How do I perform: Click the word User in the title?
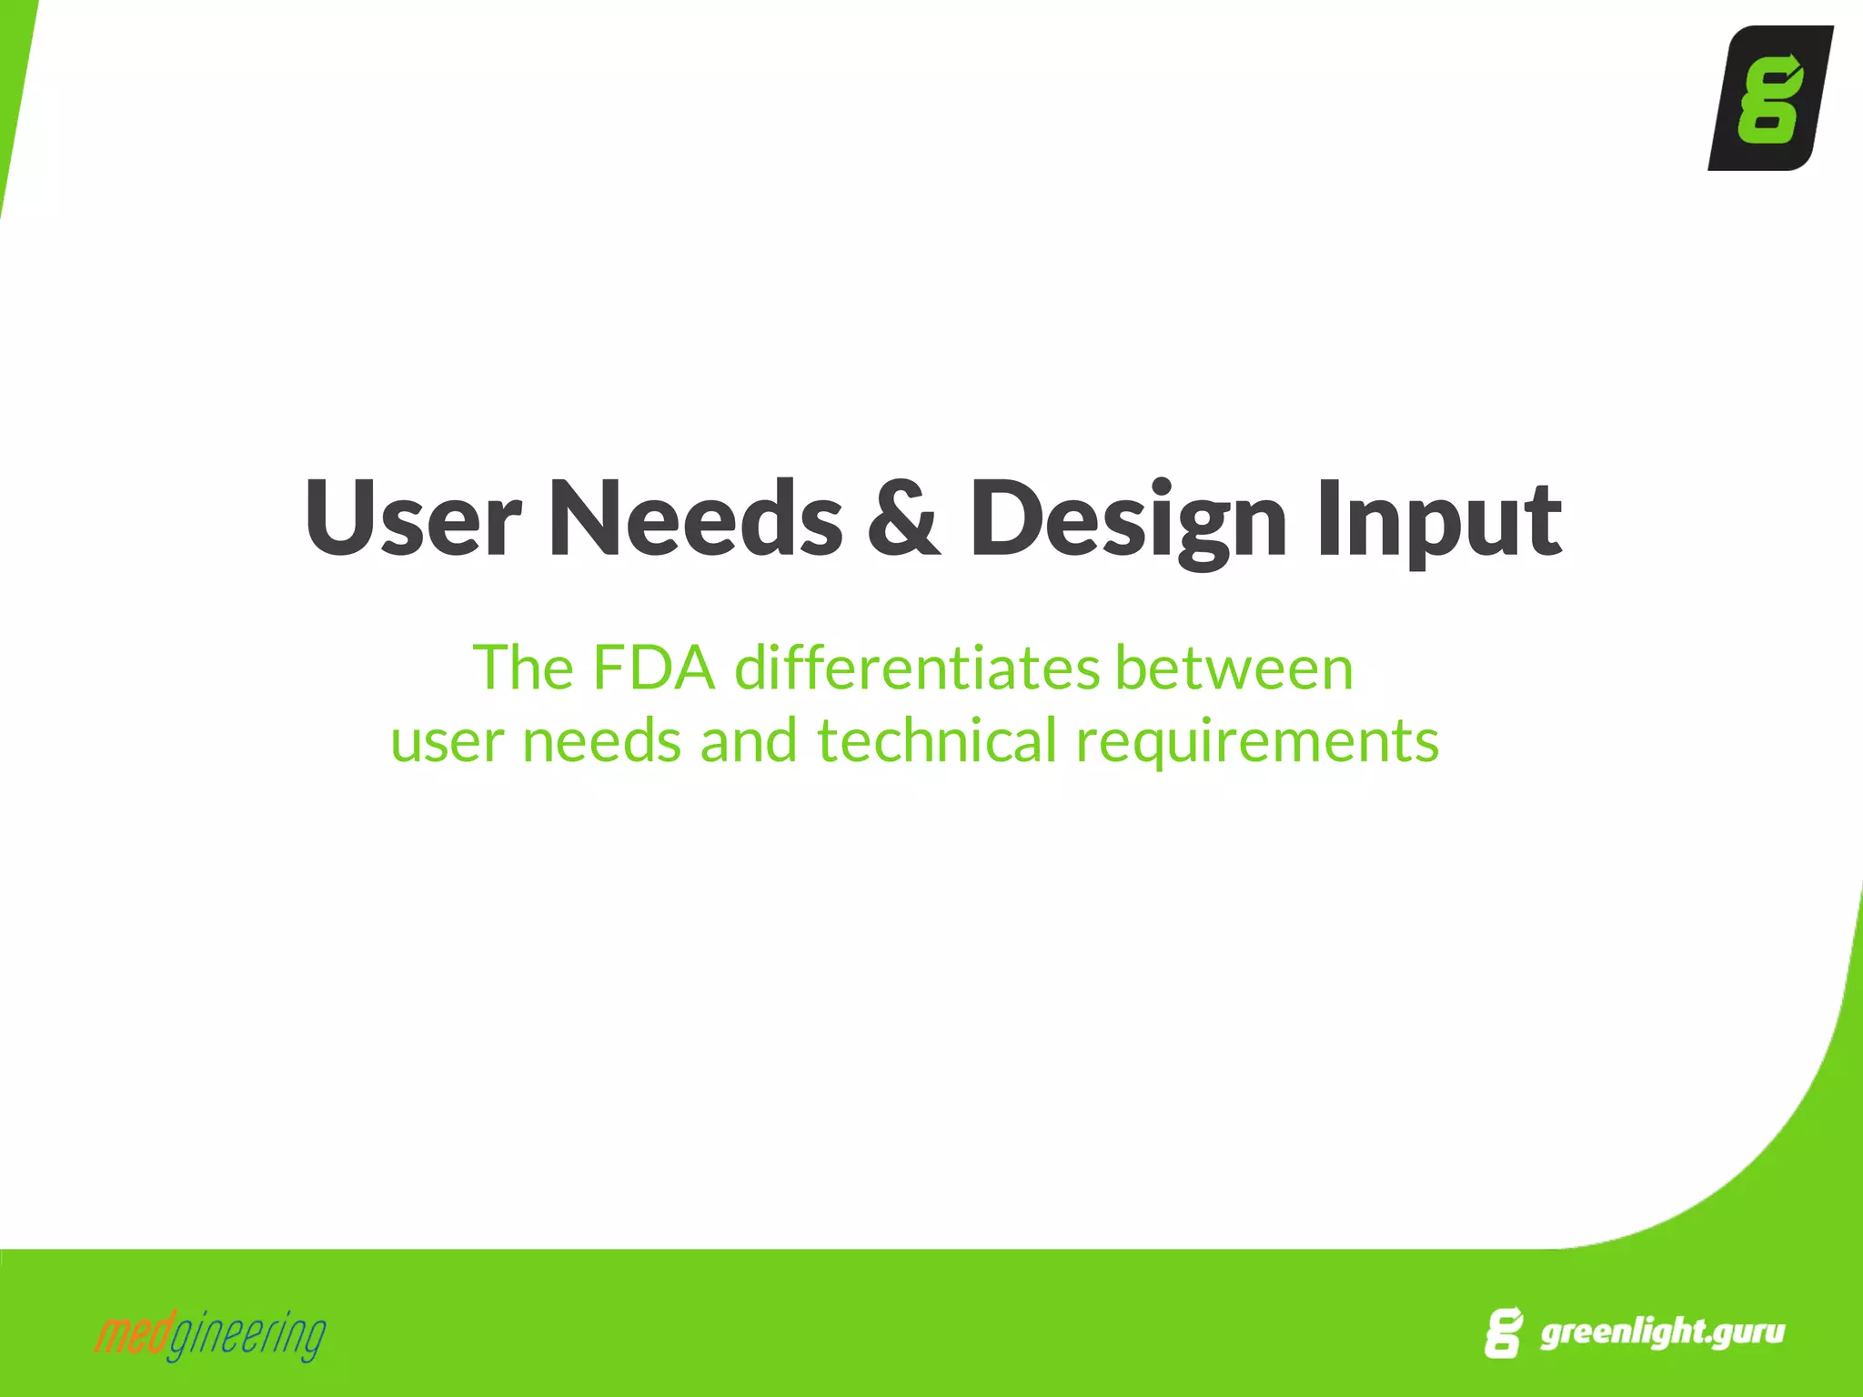pyautogui.click(x=412, y=518)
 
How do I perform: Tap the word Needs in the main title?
pyautogui.click(x=695, y=518)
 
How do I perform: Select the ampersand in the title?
pyautogui.click(x=903, y=518)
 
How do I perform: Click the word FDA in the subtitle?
pyautogui.click(x=653, y=668)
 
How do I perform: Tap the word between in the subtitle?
pyautogui.click(x=1234, y=668)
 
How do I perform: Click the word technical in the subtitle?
pyautogui.click(x=936, y=740)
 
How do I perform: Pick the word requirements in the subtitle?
pyautogui.click(x=1257, y=742)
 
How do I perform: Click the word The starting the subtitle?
pyautogui.click(x=523, y=668)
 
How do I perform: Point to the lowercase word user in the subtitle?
pyautogui.click(x=447, y=742)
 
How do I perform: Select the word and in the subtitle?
pyautogui.click(x=748, y=740)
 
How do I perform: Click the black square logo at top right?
pyautogui.click(x=1769, y=98)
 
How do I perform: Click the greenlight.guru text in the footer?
pyautogui.click(x=1662, y=1332)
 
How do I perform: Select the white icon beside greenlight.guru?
pyautogui.click(x=1503, y=1333)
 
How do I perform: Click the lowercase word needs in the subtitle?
pyautogui.click(x=600, y=742)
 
